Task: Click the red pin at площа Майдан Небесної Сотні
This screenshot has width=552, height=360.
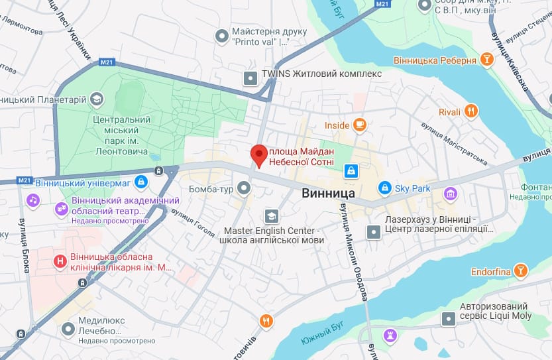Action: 259,155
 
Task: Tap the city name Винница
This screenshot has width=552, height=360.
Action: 329,194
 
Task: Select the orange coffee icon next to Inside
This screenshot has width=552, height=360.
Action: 360,124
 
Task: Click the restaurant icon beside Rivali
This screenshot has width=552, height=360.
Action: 471,111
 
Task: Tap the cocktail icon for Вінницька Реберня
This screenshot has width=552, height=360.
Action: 487,60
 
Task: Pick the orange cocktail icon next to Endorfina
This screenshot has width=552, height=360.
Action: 522,271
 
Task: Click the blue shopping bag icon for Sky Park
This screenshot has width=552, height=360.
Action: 384,188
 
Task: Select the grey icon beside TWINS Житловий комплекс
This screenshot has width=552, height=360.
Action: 250,78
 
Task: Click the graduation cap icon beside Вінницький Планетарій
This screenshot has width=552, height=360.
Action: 97,99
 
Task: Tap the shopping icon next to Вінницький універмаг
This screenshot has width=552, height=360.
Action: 140,181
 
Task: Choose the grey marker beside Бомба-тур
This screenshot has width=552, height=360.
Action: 245,190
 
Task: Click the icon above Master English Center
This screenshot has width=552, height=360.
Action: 271,216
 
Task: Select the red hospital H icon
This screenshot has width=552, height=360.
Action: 61,262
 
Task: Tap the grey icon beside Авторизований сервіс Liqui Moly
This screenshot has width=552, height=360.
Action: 449,320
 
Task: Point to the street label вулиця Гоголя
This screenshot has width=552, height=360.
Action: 193,222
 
